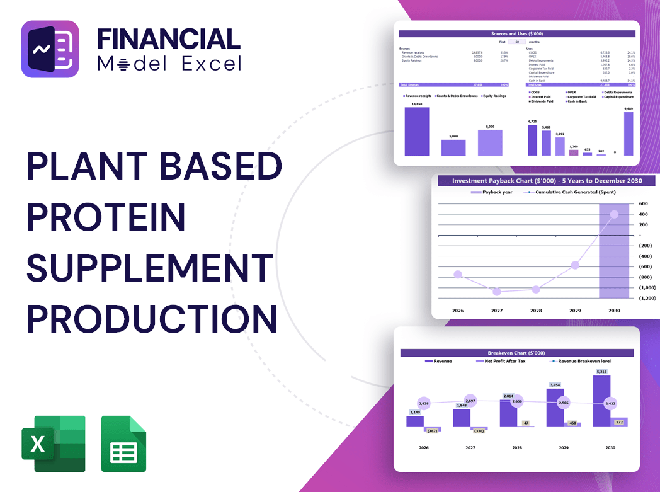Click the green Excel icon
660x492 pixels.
pyautogui.click(x=53, y=443)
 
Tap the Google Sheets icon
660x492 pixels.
pyautogui.click(x=123, y=443)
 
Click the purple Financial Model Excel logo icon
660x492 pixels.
pyautogui.click(x=50, y=49)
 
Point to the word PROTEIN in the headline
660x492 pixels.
pyautogui.click(x=106, y=216)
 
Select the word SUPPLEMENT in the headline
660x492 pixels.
pyautogui.click(x=150, y=266)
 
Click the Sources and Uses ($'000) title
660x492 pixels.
pyautogui.click(x=518, y=33)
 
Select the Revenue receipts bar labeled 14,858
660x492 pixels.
pyautogui.click(x=417, y=131)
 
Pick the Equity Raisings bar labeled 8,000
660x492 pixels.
pyautogui.click(x=490, y=142)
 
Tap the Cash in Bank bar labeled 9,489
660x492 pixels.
pyautogui.click(x=629, y=134)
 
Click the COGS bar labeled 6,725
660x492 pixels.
pyautogui.click(x=533, y=140)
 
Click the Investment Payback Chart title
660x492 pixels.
pyautogui.click(x=547, y=181)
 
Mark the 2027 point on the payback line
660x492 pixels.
pyautogui.click(x=497, y=292)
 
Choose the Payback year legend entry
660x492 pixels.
pyautogui.click(x=495, y=192)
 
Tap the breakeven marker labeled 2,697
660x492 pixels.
pyautogui.click(x=470, y=401)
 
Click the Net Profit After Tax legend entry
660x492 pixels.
pyautogui.click(x=504, y=361)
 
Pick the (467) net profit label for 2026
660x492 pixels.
pyautogui.click(x=432, y=431)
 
